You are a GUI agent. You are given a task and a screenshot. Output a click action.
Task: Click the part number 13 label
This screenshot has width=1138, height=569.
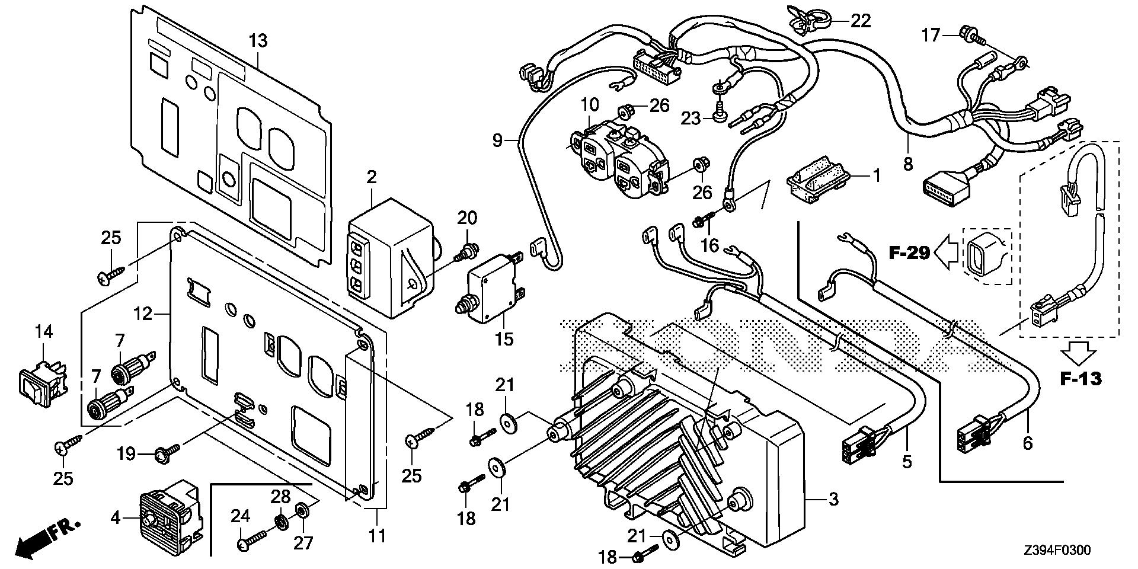[258, 41]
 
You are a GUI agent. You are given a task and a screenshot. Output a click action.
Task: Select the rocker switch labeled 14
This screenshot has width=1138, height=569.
[40, 379]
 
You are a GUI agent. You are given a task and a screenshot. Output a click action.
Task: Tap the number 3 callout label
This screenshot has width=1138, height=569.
[833, 499]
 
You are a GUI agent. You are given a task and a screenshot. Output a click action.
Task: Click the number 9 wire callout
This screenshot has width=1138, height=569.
[497, 140]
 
